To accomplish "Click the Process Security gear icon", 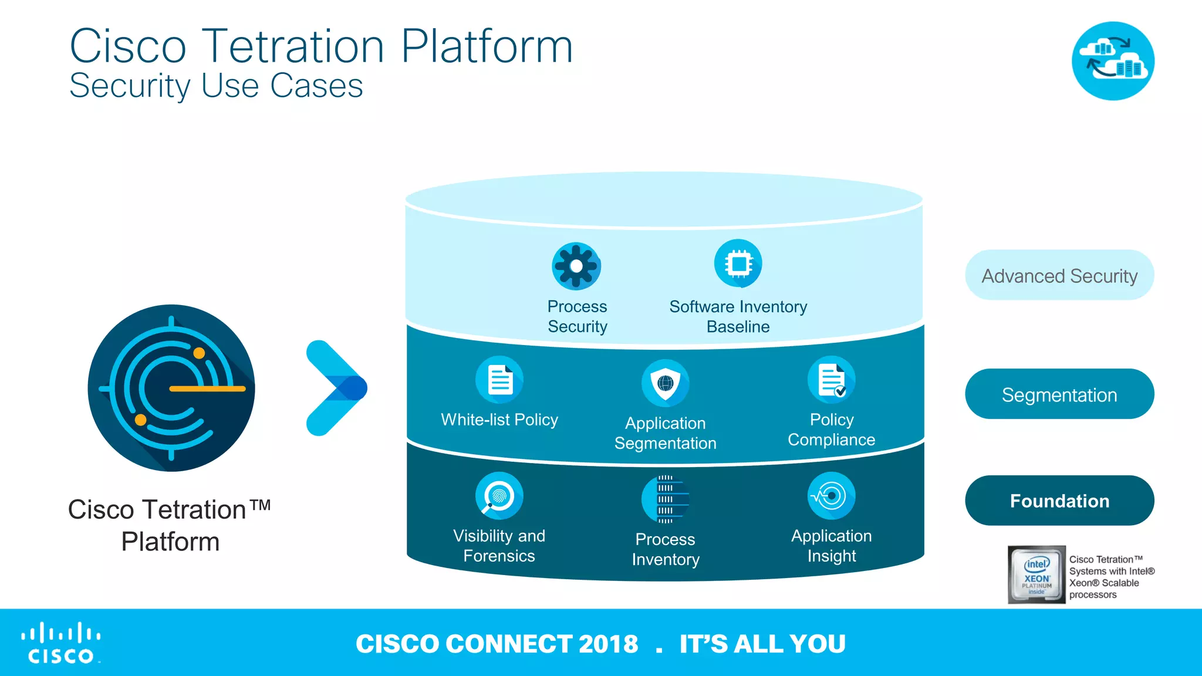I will (576, 266).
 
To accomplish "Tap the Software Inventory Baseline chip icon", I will (738, 263).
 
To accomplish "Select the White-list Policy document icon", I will (499, 380).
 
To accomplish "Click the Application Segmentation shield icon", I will (665, 383).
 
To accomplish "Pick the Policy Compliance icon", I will (831, 380).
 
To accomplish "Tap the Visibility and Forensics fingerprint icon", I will (499, 496).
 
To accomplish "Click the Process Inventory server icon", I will (665, 499).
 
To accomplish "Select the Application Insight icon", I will (831, 496).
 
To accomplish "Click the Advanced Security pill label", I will (1059, 275).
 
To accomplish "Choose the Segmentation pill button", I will (1059, 394).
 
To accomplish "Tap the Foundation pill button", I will (1059, 501).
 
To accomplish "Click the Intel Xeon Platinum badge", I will (1036, 574).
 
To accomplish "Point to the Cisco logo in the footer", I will (61, 643).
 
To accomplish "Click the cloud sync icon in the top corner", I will (1113, 61).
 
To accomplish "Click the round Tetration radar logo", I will (171, 388).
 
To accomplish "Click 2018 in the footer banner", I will (608, 644).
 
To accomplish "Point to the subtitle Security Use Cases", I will (216, 86).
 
